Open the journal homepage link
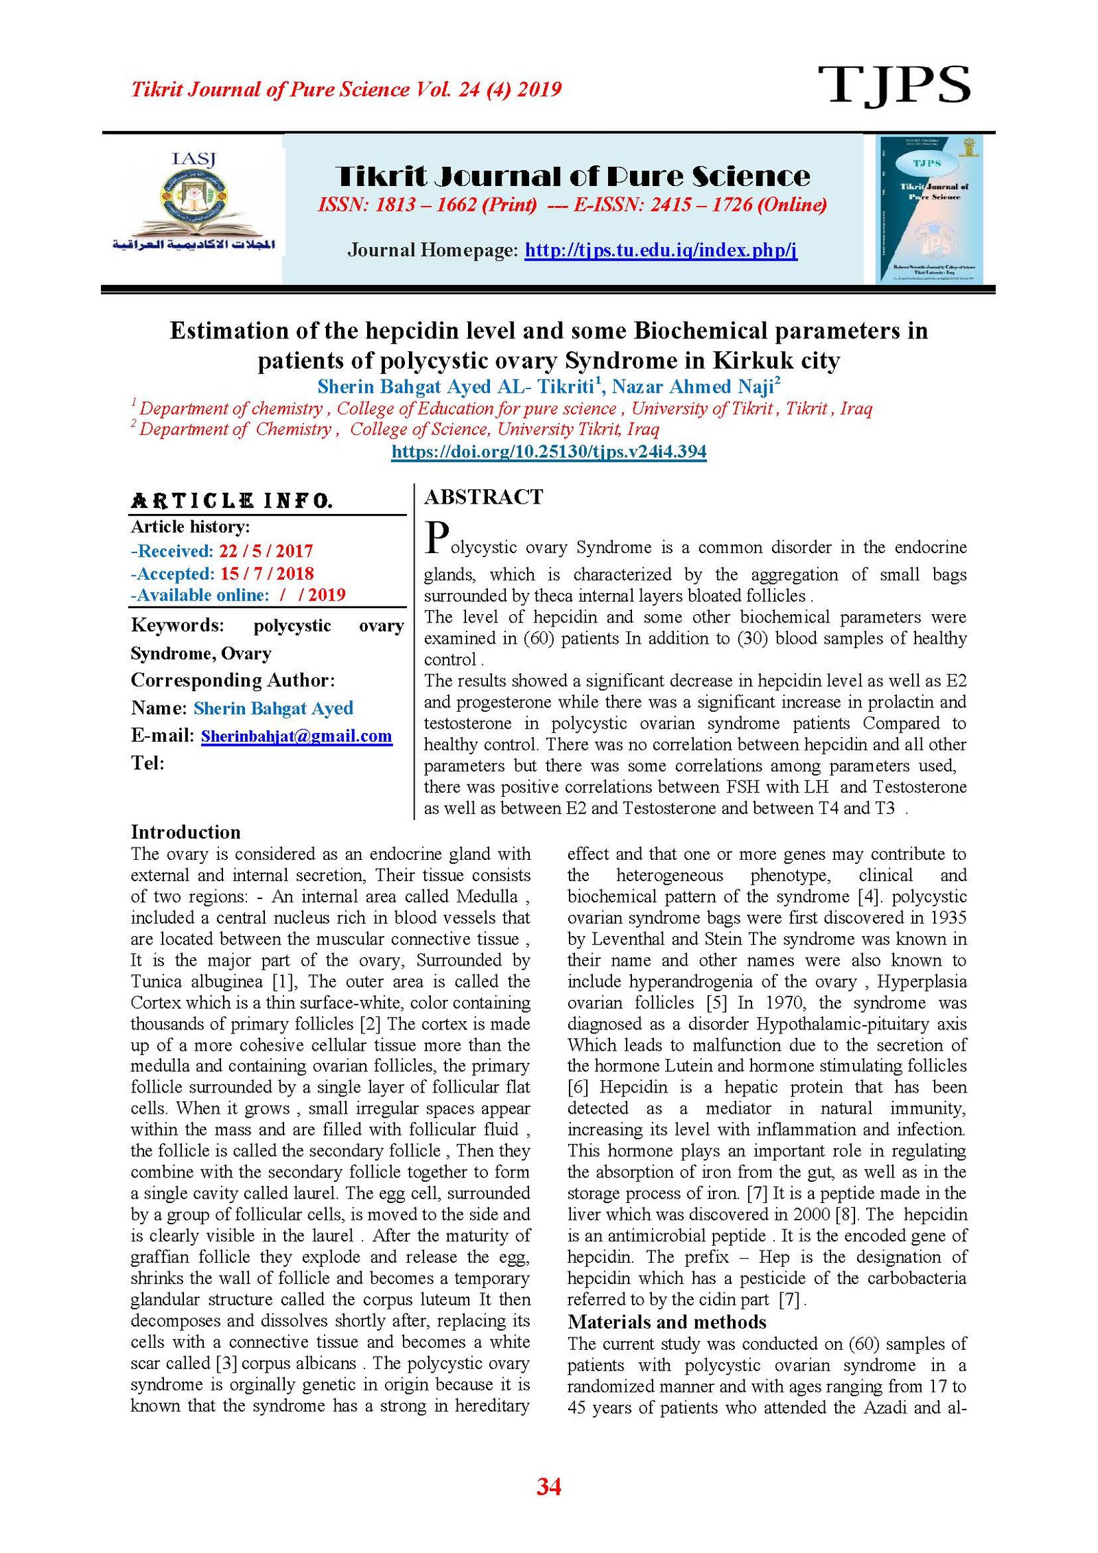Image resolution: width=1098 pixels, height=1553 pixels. [660, 250]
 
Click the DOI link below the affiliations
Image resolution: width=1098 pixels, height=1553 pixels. [548, 452]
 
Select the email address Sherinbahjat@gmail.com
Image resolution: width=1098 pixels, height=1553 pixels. [296, 736]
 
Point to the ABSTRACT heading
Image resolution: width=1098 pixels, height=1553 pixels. [484, 497]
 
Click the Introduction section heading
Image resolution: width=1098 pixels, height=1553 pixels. [185, 832]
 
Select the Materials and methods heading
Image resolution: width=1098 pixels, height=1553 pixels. [666, 1322]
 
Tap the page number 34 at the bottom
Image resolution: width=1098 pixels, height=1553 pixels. [549, 1486]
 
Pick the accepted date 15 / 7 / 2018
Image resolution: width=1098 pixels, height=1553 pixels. [266, 574]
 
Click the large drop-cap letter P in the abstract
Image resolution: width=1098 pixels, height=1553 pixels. [437, 538]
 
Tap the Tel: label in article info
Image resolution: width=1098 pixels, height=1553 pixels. [148, 763]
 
